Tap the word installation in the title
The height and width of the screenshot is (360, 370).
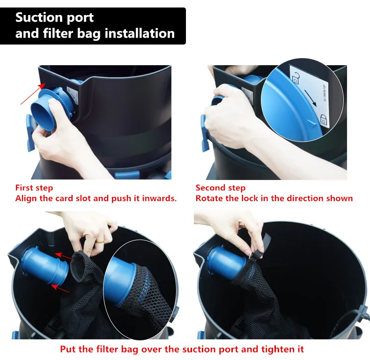(140, 33)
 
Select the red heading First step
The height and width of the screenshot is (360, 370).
(34, 188)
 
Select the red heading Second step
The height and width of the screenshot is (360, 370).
(221, 188)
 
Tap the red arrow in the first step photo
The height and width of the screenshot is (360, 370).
(33, 94)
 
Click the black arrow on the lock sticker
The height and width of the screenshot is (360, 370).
(310, 97)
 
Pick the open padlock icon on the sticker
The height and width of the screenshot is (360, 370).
(296, 78)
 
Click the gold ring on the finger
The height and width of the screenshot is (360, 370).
(101, 242)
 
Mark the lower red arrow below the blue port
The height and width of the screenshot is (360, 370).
(60, 289)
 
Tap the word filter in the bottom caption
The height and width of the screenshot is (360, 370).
(107, 349)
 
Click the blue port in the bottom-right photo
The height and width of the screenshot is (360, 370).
(227, 262)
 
